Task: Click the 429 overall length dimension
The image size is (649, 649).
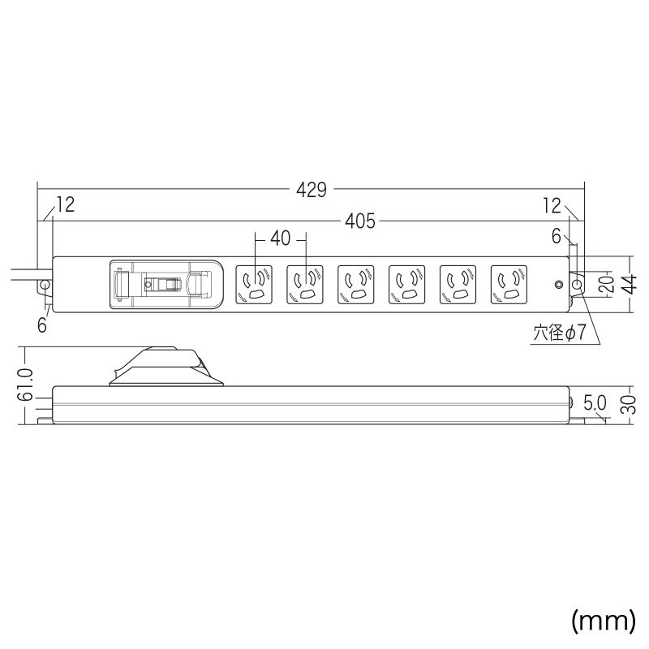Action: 312,190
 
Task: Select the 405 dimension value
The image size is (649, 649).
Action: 360,221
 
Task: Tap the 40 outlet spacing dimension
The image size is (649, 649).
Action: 280,239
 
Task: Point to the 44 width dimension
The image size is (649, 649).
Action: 630,285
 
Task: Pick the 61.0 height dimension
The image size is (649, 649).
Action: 26,385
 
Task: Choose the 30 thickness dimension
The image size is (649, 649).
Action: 630,404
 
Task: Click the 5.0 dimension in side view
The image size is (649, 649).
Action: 595,402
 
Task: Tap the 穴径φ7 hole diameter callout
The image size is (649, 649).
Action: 560,333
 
